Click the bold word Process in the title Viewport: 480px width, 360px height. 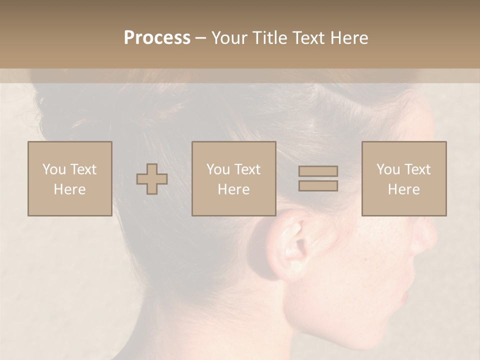click(x=157, y=38)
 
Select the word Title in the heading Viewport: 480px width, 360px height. click(x=268, y=38)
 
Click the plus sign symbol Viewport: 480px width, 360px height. click(x=152, y=179)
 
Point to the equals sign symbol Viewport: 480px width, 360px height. click(x=318, y=178)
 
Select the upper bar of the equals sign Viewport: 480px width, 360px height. click(x=318, y=171)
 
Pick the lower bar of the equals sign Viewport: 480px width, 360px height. click(x=318, y=185)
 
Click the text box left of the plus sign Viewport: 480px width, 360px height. click(x=70, y=178)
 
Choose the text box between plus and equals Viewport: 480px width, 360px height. click(x=234, y=178)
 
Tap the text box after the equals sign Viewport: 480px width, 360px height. click(x=404, y=178)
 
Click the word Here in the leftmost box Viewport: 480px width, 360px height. click(x=69, y=189)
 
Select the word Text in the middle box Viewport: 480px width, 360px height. click(x=247, y=169)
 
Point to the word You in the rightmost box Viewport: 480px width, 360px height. click(x=388, y=169)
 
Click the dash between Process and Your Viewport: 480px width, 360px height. click(x=201, y=38)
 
